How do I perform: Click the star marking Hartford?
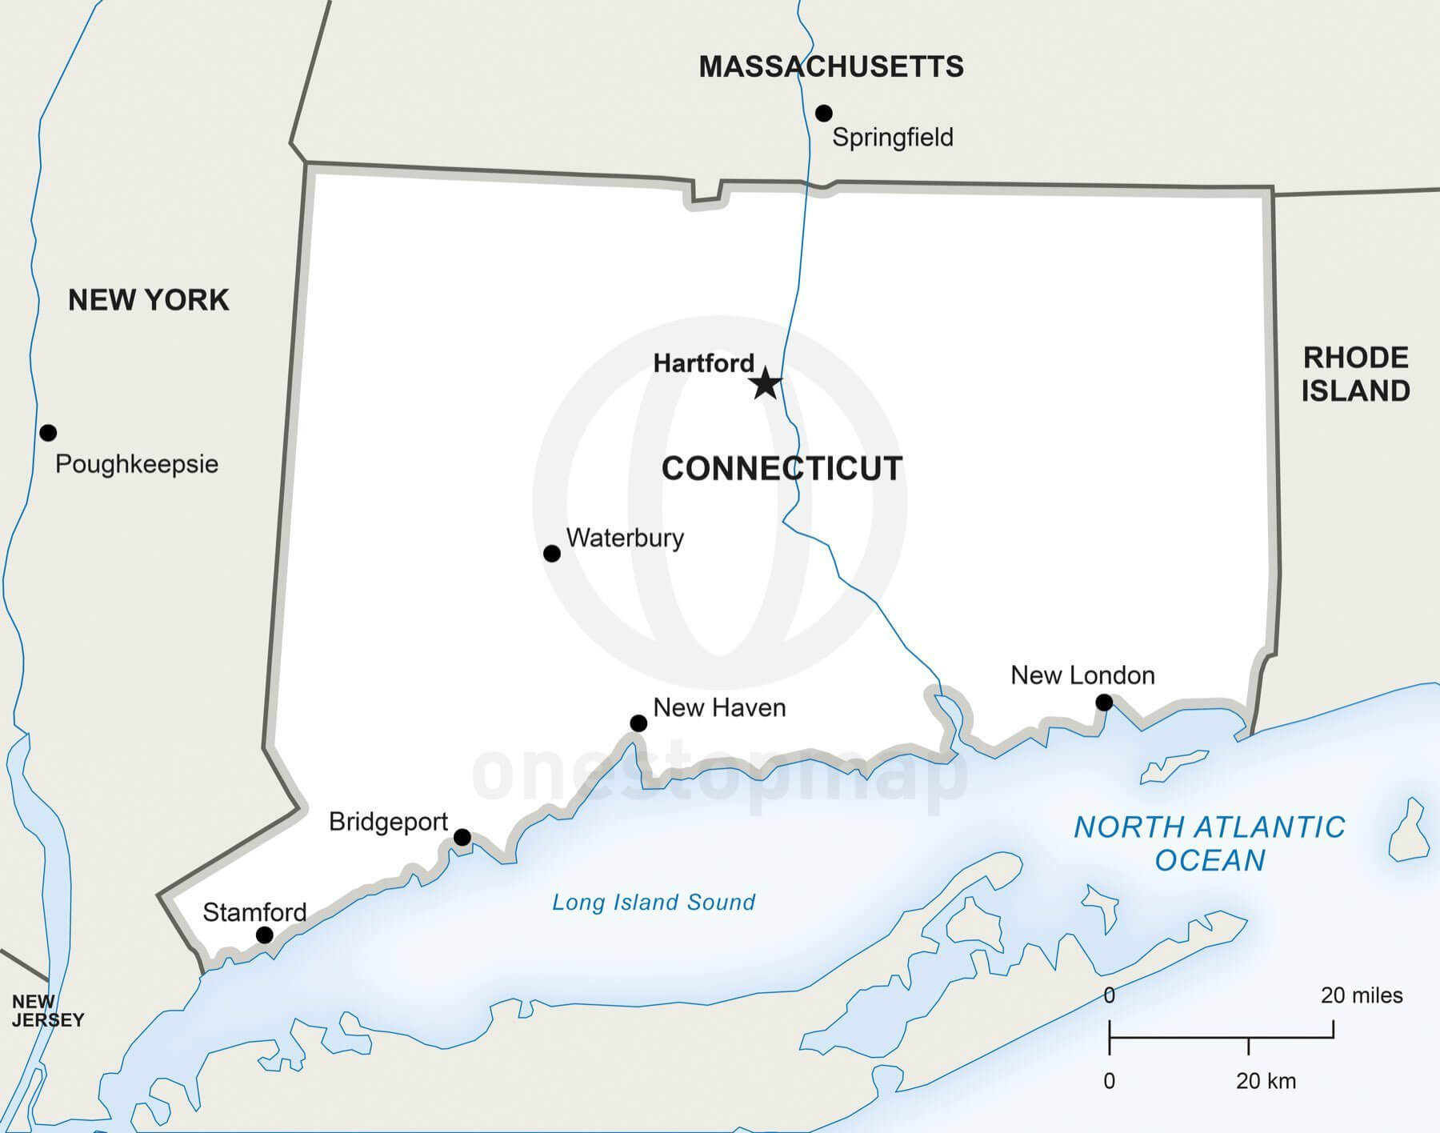point(766,383)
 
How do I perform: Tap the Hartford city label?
point(703,363)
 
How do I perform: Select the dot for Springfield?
point(823,113)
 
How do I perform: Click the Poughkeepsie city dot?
point(48,433)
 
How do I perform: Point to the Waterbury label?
point(625,538)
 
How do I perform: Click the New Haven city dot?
point(638,723)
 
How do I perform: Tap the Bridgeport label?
point(388,822)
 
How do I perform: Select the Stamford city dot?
point(264,935)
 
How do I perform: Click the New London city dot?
point(1104,703)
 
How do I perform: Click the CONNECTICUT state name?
point(782,469)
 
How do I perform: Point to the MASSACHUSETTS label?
point(831,66)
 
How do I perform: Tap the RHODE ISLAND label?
point(1355,374)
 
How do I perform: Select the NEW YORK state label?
point(149,300)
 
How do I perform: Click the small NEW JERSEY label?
point(47,1011)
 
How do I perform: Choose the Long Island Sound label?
point(654,903)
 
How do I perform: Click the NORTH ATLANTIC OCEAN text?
point(1210,843)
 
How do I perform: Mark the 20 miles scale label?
point(1362,995)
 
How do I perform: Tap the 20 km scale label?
point(1266,1081)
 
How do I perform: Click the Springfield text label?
point(893,138)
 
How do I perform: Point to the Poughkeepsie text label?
point(137,464)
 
